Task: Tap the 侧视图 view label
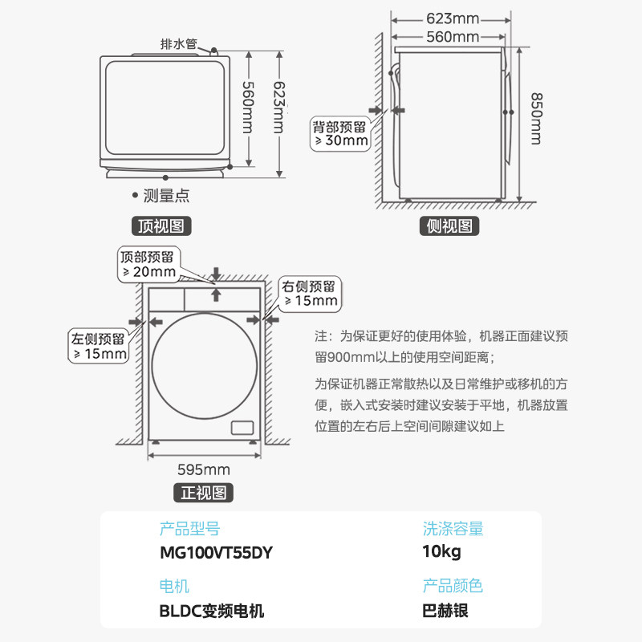[449, 226]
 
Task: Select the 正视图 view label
[204, 492]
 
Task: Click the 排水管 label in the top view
[179, 44]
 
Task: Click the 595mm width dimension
[204, 469]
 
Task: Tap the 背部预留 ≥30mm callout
[340, 133]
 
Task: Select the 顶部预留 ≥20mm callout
[148, 264]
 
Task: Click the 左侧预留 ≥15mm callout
[99, 345]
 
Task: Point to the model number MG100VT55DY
[217, 554]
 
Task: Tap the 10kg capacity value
[441, 554]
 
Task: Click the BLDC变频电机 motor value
[212, 611]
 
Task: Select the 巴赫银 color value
[445, 611]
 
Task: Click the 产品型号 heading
[189, 529]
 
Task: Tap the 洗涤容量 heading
[453, 529]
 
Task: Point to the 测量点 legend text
[165, 195]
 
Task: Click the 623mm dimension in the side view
[452, 18]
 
